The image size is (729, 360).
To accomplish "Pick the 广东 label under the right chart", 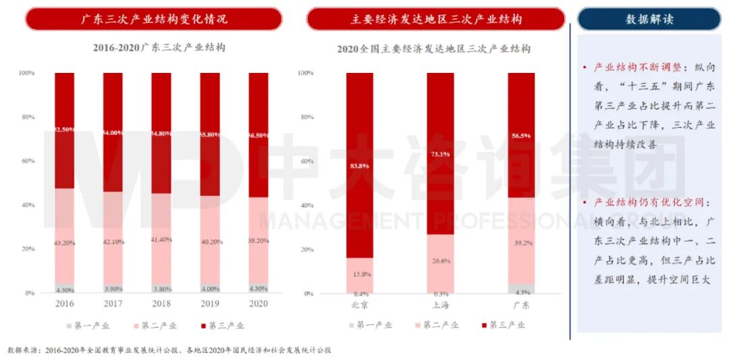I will [521, 305].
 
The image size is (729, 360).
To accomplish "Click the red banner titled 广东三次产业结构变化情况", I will [154, 19].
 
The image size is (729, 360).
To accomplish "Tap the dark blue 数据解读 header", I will [649, 19].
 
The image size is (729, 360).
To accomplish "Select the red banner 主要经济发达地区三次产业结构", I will [436, 19].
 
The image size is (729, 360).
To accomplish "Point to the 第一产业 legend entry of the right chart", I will [369, 325].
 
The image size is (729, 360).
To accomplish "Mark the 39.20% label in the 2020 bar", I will [258, 240].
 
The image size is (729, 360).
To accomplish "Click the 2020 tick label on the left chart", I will [258, 304].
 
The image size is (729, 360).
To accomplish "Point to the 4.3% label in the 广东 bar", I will [521, 292].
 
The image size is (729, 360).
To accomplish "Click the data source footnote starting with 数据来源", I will [169, 351].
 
